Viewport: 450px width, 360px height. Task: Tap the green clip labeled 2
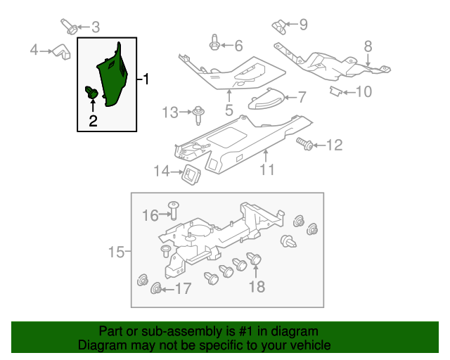tap(91, 92)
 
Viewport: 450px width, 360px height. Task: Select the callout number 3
tap(96, 27)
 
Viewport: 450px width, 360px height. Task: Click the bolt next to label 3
tap(71, 27)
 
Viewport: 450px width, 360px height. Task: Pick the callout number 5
tap(229, 110)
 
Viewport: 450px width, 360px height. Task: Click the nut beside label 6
tap(213, 46)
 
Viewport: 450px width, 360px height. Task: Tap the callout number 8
tap(367, 47)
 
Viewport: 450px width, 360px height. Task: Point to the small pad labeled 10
tap(337, 92)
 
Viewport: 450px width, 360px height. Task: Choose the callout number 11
tap(266, 169)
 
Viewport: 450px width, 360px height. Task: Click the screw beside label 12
tap(306, 145)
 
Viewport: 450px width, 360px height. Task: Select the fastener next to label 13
tap(199, 110)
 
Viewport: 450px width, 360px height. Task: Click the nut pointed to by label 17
tap(156, 288)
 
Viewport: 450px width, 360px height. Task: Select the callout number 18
tap(257, 286)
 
